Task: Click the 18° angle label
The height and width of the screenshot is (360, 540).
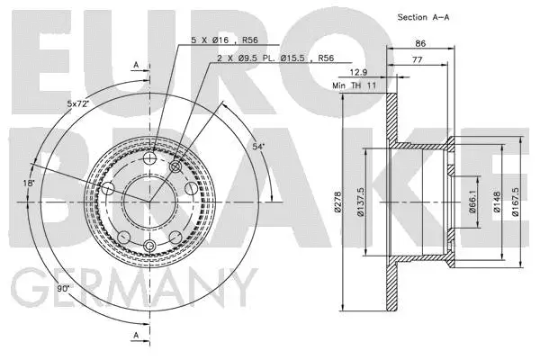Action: point(30,183)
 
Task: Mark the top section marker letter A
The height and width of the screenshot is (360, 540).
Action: point(135,65)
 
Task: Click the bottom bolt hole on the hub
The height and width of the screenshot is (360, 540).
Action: point(151,248)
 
